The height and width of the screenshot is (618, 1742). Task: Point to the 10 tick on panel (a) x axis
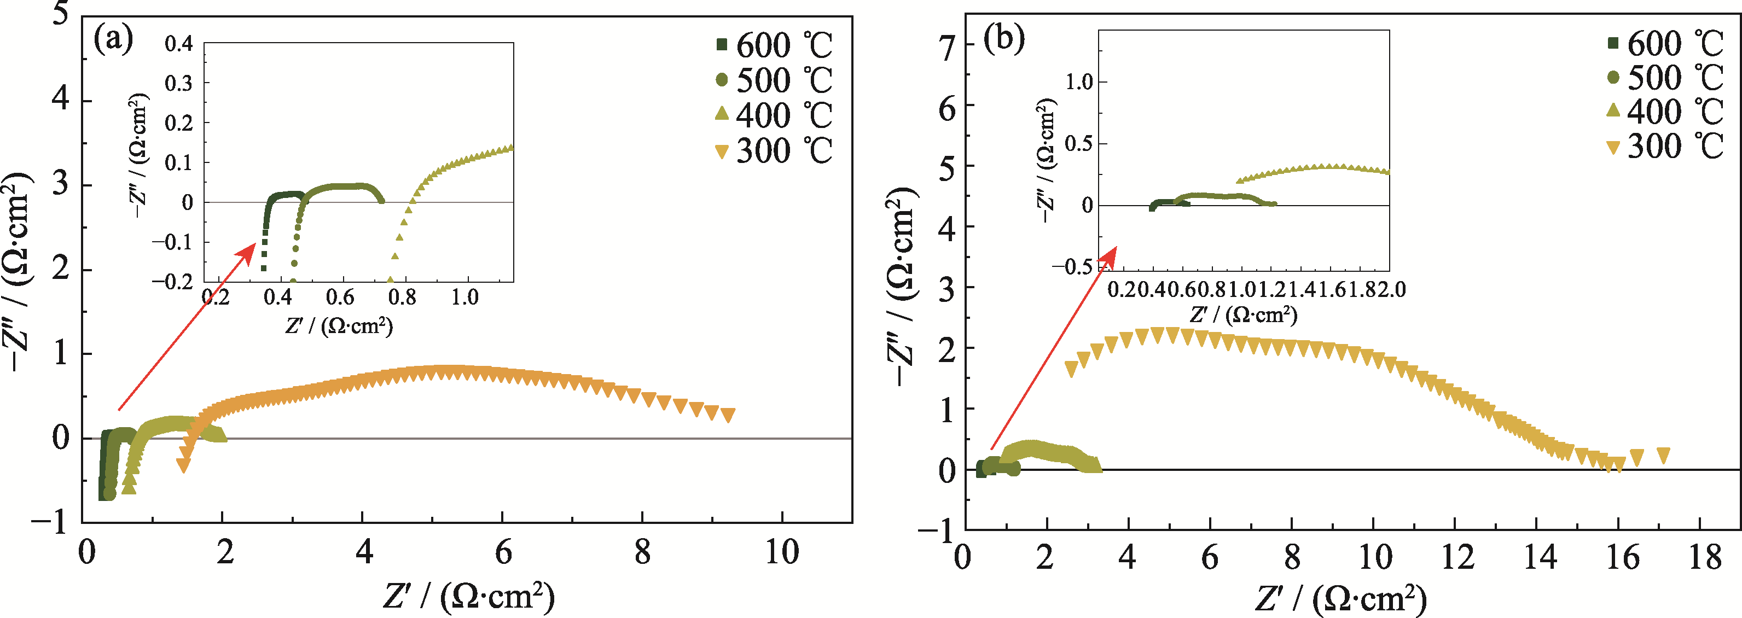tap(782, 553)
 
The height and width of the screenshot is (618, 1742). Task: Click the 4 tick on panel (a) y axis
tap(61, 100)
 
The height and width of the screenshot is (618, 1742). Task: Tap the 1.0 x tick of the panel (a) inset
tap(464, 297)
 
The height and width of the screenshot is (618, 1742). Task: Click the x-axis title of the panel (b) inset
tap(1244, 314)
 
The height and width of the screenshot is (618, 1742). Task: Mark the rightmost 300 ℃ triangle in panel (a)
tap(728, 415)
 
